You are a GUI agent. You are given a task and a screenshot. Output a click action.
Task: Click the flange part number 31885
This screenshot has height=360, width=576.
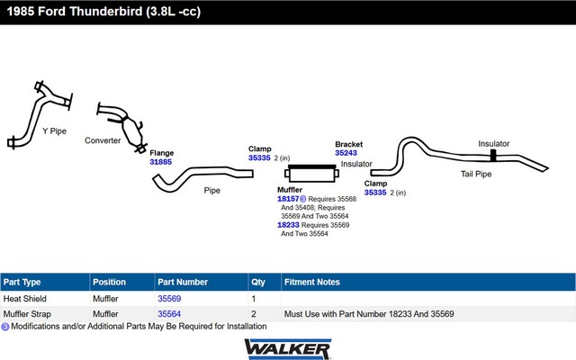(160, 162)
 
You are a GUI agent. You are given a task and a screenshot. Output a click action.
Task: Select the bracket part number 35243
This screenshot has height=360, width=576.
(346, 153)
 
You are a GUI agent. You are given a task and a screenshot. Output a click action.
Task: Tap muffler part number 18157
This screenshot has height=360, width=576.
(288, 199)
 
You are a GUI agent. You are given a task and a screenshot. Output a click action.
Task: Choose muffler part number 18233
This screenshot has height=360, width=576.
(288, 225)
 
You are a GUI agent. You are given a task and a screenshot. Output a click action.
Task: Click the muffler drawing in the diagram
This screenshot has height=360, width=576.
(312, 174)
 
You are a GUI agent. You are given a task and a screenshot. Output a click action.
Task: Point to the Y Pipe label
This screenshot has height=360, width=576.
(54, 131)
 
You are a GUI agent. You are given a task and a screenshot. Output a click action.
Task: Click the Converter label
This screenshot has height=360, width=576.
(103, 140)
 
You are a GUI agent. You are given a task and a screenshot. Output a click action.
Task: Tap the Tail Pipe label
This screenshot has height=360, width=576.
(476, 174)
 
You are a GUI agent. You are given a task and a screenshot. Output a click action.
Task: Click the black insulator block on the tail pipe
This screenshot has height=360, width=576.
(493, 156)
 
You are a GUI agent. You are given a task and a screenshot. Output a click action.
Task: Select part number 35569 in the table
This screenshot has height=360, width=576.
(169, 299)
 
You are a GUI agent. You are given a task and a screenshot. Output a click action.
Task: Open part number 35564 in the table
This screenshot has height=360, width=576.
(169, 314)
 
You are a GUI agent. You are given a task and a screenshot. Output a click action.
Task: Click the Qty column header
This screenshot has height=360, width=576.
(258, 282)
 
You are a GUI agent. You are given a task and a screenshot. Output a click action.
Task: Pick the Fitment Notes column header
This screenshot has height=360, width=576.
(312, 282)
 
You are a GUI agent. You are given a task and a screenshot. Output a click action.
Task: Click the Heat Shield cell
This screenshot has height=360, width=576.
(25, 299)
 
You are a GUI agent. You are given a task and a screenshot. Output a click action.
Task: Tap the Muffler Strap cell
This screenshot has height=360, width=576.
(27, 314)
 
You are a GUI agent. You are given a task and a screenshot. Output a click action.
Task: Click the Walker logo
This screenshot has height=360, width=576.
(288, 349)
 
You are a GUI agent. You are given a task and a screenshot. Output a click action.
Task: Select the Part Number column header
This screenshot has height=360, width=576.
(183, 282)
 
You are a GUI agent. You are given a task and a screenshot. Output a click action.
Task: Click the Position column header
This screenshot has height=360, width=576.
(109, 282)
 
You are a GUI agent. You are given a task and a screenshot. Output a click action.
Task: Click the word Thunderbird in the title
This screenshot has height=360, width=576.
(105, 12)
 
